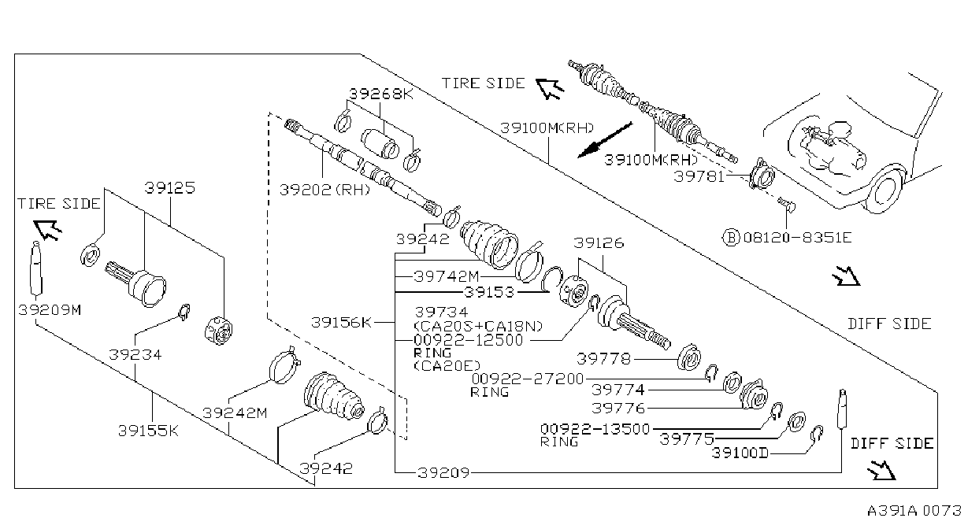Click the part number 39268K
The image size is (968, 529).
[x=380, y=94]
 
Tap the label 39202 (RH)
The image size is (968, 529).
[x=325, y=190]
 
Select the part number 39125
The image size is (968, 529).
[x=170, y=188]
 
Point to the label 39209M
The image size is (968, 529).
[x=50, y=309]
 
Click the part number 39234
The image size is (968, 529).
[x=135, y=354]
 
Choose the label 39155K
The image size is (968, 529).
[x=148, y=431]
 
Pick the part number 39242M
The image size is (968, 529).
[x=235, y=412]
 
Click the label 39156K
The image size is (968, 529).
[x=341, y=322]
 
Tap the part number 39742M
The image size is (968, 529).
[x=447, y=276]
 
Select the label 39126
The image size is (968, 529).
[x=599, y=243]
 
